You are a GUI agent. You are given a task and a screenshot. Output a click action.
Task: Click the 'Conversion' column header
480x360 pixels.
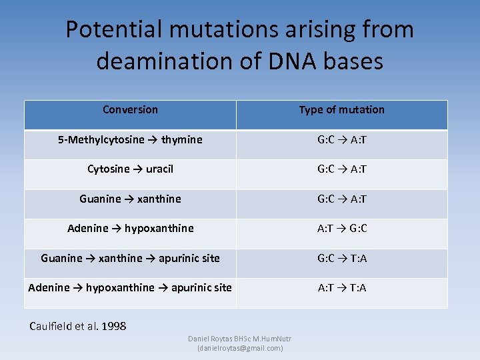click(130, 109)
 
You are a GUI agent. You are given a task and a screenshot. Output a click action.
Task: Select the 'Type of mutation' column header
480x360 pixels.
click(341, 109)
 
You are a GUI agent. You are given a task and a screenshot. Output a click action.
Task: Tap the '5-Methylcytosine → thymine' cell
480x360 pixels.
click(130, 139)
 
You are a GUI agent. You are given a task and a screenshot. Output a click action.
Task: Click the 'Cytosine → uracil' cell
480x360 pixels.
click(130, 169)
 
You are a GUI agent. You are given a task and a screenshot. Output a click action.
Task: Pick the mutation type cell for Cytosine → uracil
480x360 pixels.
click(341, 169)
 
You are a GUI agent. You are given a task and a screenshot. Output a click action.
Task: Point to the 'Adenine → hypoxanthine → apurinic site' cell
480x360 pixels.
click(130, 287)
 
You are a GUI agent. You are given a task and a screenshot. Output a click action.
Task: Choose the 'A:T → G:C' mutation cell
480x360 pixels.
click(341, 228)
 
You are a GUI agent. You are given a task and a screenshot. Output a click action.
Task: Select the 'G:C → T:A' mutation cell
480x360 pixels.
click(341, 258)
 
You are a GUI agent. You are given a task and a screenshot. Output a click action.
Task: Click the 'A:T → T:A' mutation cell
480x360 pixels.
click(341, 287)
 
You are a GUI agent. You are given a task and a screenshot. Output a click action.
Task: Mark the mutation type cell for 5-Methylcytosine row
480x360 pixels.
click(341, 139)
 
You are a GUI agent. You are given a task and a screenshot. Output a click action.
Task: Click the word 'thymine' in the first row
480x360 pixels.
click(181, 139)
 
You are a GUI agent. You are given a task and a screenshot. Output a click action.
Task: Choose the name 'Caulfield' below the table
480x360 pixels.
click(54, 326)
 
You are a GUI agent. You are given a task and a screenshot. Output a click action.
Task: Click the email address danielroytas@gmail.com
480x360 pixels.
click(240, 348)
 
